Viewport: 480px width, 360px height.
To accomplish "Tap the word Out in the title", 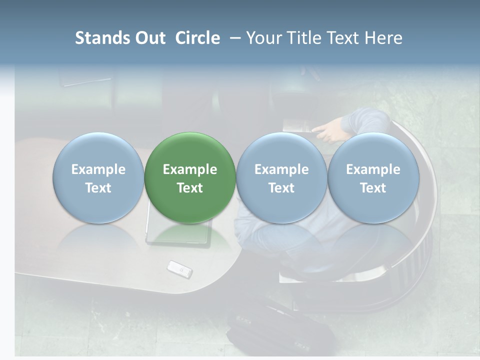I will (x=150, y=38).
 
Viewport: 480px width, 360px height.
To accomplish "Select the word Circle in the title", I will (x=197, y=38).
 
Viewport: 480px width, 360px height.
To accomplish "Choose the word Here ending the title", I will (x=384, y=38).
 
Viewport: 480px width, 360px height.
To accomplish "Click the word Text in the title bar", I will (x=343, y=38).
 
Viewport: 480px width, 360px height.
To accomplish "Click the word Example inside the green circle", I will (x=190, y=169).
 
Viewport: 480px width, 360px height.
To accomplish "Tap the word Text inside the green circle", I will (x=190, y=188).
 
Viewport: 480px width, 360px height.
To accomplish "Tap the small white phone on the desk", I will (x=179, y=269).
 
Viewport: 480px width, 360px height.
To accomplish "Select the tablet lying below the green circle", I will (x=178, y=235).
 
